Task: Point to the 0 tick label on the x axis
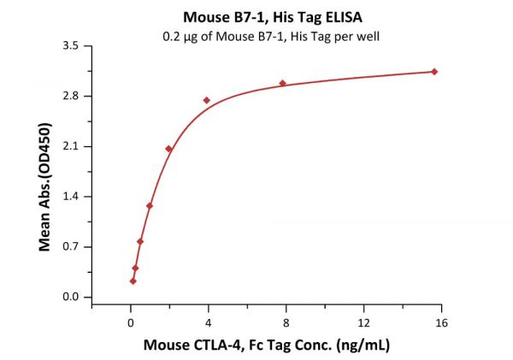point(130,322)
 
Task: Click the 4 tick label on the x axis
point(208,322)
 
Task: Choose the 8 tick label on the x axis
point(286,322)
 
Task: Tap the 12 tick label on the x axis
point(363,322)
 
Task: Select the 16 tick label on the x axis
point(441,322)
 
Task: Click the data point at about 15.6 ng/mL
point(434,72)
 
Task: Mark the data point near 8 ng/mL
point(283,83)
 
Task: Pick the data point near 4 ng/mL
point(207,100)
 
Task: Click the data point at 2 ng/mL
point(169,149)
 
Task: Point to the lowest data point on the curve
point(133,281)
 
